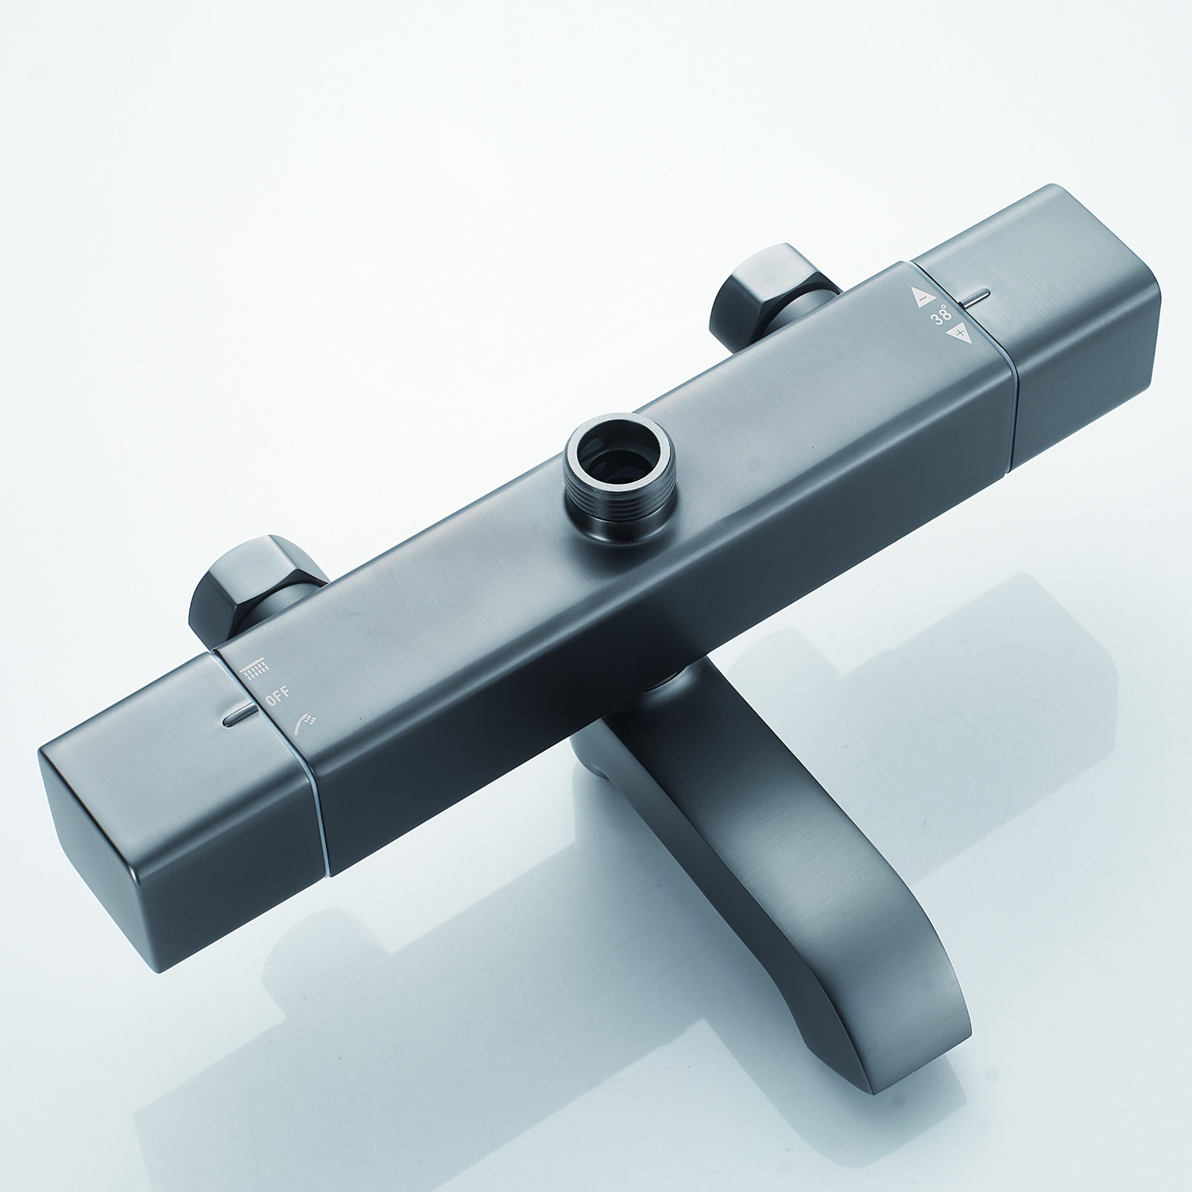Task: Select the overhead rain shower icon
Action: point(256,667)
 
